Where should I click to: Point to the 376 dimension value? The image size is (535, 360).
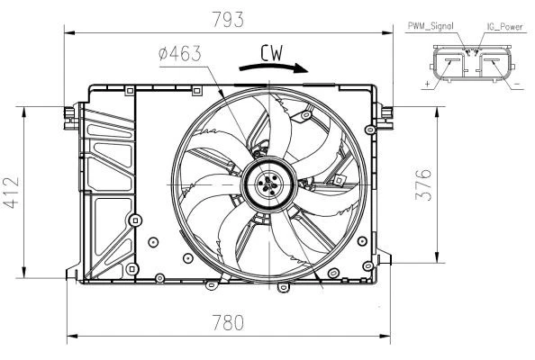click(x=424, y=184)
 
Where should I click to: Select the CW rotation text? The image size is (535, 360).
click(x=272, y=54)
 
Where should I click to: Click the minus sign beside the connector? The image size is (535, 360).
click(x=520, y=84)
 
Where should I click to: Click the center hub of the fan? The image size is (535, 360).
click(x=267, y=186)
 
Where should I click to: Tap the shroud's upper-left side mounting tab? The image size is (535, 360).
click(x=68, y=112)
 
